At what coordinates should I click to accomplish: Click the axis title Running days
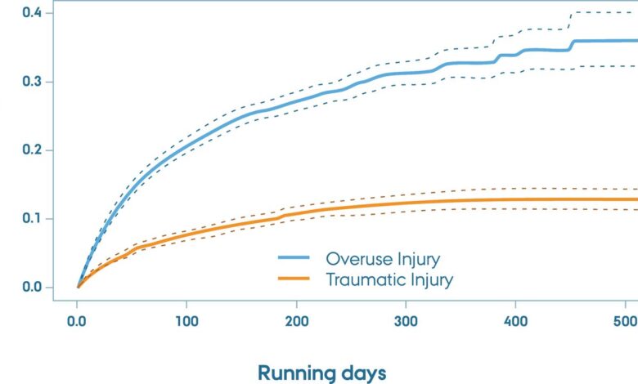[321, 373]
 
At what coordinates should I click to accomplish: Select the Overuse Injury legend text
[383, 260]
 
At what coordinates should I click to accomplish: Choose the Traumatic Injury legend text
[389, 280]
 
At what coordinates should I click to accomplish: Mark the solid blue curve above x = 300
[406, 73]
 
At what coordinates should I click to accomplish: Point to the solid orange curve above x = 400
[515, 199]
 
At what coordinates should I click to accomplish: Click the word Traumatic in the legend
[363, 280]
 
